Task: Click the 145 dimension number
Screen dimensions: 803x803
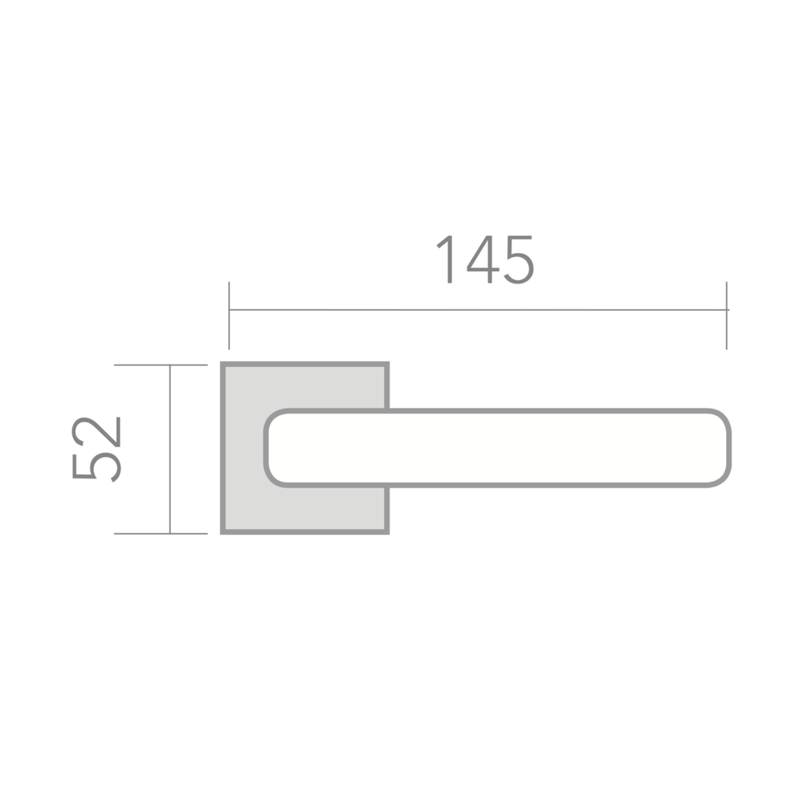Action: click(x=484, y=259)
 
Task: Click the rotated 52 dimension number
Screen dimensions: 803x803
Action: click(x=96, y=450)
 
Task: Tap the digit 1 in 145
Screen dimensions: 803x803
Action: click(x=446, y=259)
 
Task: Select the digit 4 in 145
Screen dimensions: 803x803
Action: click(x=483, y=259)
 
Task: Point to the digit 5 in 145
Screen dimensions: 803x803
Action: click(x=519, y=259)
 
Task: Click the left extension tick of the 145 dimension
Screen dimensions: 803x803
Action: click(x=229, y=316)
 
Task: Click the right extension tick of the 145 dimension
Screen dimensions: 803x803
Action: click(x=726, y=316)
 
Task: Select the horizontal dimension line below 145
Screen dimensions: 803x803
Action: click(x=479, y=310)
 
